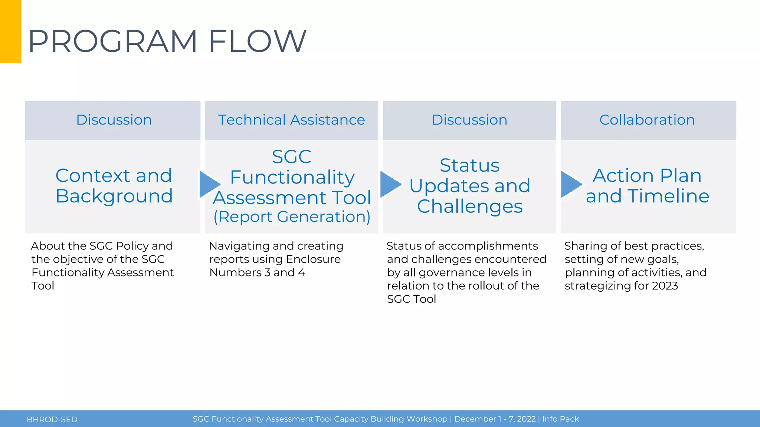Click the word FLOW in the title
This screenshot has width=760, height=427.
coord(258,41)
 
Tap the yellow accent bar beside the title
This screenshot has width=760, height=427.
coord(10,32)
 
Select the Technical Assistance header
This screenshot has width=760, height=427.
coord(291,120)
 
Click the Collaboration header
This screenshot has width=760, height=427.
coord(647,120)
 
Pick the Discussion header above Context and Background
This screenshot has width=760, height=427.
coord(114,120)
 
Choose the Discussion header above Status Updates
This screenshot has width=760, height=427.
coord(469,120)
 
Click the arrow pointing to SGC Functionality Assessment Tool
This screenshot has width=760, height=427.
coord(209,184)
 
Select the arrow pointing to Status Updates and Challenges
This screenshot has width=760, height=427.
coord(390,184)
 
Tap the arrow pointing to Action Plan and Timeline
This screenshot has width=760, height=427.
coord(570,184)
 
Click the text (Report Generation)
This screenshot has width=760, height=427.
coord(292,217)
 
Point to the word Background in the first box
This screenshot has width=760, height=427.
coord(114,196)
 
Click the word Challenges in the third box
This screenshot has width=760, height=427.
coord(469,206)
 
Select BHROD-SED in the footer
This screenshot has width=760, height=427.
coord(52,420)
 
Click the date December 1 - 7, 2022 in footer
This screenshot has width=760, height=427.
coord(495,419)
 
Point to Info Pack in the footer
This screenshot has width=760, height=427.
coord(560,419)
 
